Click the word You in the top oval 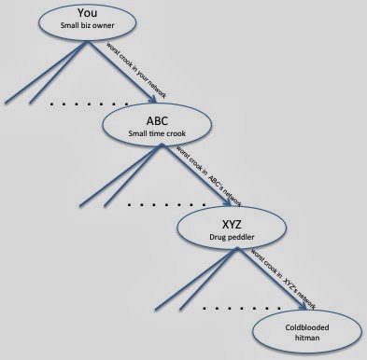[88, 13]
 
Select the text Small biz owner [88, 25]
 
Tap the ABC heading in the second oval [157, 120]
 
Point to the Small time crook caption [157, 133]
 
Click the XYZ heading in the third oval [232, 224]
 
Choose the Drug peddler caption [232, 237]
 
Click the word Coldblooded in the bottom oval [307, 327]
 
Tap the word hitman [307, 338]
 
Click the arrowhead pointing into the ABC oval [152, 99]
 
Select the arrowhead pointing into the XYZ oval [228, 202]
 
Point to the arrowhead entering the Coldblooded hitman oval [303, 305]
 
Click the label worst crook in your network [136, 70]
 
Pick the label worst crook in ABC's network [208, 176]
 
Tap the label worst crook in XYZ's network [283, 280]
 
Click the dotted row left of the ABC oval [89, 104]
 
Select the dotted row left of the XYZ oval [167, 204]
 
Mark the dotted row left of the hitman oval [242, 309]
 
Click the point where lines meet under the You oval [88, 42]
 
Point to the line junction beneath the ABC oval [162, 145]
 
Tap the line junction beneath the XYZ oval [237, 248]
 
